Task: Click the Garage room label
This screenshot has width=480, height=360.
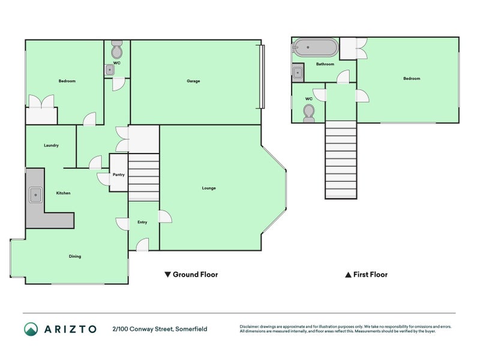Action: point(193,81)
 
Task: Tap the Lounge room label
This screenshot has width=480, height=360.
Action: point(209,188)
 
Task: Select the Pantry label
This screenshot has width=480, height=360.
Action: point(118,175)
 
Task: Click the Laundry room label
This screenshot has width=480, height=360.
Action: point(51,145)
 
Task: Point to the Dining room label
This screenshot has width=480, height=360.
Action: point(74,256)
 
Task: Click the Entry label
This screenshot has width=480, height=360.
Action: point(142,222)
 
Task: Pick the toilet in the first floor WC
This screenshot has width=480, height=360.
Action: point(309,112)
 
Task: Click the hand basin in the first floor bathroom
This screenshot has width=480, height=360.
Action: point(298,73)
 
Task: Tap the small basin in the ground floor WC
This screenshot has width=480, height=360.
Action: point(109,70)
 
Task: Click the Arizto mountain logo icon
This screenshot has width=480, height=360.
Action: point(31,329)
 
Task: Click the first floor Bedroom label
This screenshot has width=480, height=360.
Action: point(412,79)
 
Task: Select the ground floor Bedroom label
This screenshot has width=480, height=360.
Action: point(67,81)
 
